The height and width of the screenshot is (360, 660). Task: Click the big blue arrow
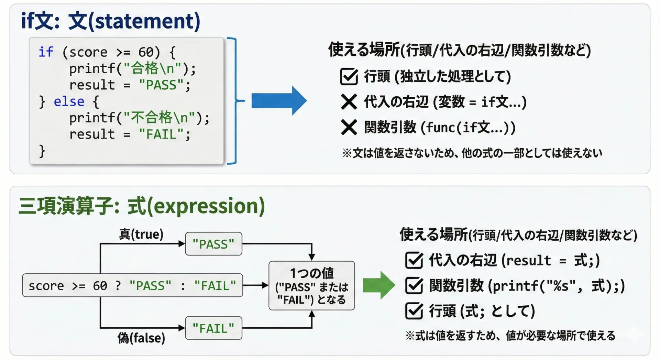tap(279, 101)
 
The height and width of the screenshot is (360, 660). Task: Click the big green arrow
tap(379, 285)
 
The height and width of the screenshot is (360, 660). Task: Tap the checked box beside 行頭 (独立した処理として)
tap(349, 76)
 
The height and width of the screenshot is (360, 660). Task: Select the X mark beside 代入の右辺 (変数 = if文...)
tap(349, 102)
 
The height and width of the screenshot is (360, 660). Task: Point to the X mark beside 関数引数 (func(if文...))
tap(349, 127)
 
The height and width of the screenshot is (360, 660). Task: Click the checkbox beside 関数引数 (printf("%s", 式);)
tap(414, 285)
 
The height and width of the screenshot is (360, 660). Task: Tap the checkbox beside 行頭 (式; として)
tap(414, 311)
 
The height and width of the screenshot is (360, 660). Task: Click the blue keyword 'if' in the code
tap(46, 52)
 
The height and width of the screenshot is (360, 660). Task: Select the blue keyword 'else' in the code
tap(69, 101)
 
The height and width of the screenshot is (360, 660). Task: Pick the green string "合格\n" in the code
tap(152, 68)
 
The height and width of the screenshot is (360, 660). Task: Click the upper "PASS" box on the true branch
tap(213, 244)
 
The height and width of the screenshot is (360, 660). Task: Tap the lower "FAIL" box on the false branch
tap(213, 328)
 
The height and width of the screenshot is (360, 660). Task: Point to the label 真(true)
tap(141, 234)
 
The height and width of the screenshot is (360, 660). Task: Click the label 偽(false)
tap(141, 338)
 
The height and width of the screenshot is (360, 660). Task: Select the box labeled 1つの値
tap(312, 285)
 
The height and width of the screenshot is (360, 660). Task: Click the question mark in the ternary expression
tap(118, 285)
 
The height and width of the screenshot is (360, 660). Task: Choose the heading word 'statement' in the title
tap(144, 21)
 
